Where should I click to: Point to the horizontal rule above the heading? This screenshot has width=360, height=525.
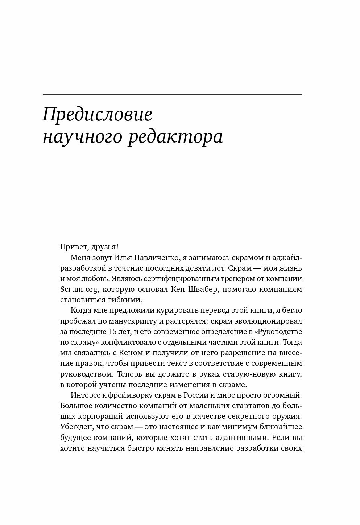tap(172, 95)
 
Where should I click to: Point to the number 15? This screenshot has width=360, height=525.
tap(112, 332)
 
